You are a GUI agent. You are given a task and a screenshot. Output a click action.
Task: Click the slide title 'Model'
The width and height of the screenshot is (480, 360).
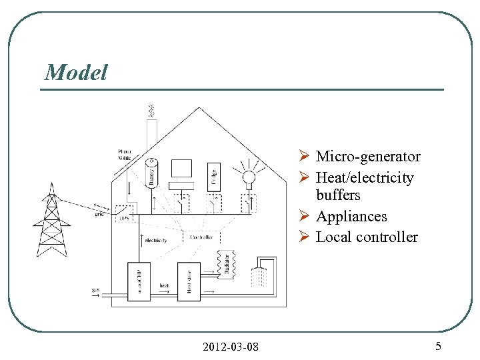[75, 72]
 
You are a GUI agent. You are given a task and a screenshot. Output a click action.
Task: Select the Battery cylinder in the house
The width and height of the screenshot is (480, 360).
[151, 173]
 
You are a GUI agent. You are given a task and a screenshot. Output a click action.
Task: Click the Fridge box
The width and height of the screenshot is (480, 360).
[213, 173]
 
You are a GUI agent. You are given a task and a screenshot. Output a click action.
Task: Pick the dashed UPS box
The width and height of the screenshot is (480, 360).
[124, 214]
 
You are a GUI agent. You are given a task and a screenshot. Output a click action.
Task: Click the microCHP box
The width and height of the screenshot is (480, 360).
[139, 281]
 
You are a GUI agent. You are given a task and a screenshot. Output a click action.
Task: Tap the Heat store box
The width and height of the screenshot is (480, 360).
[189, 281]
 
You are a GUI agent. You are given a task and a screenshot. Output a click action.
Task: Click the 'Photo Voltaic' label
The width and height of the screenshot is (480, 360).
[125, 155]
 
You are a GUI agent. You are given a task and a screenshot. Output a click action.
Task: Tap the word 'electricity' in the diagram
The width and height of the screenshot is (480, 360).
[155, 240]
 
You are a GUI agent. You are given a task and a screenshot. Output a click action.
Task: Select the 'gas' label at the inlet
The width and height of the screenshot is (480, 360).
[96, 290]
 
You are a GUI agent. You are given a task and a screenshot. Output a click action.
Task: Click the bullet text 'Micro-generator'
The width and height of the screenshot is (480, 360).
[367, 157]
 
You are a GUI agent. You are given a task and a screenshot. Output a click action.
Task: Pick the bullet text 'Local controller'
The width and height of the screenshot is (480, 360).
[367, 237]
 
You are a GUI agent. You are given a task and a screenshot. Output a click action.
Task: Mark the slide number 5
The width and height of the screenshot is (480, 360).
[438, 346]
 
